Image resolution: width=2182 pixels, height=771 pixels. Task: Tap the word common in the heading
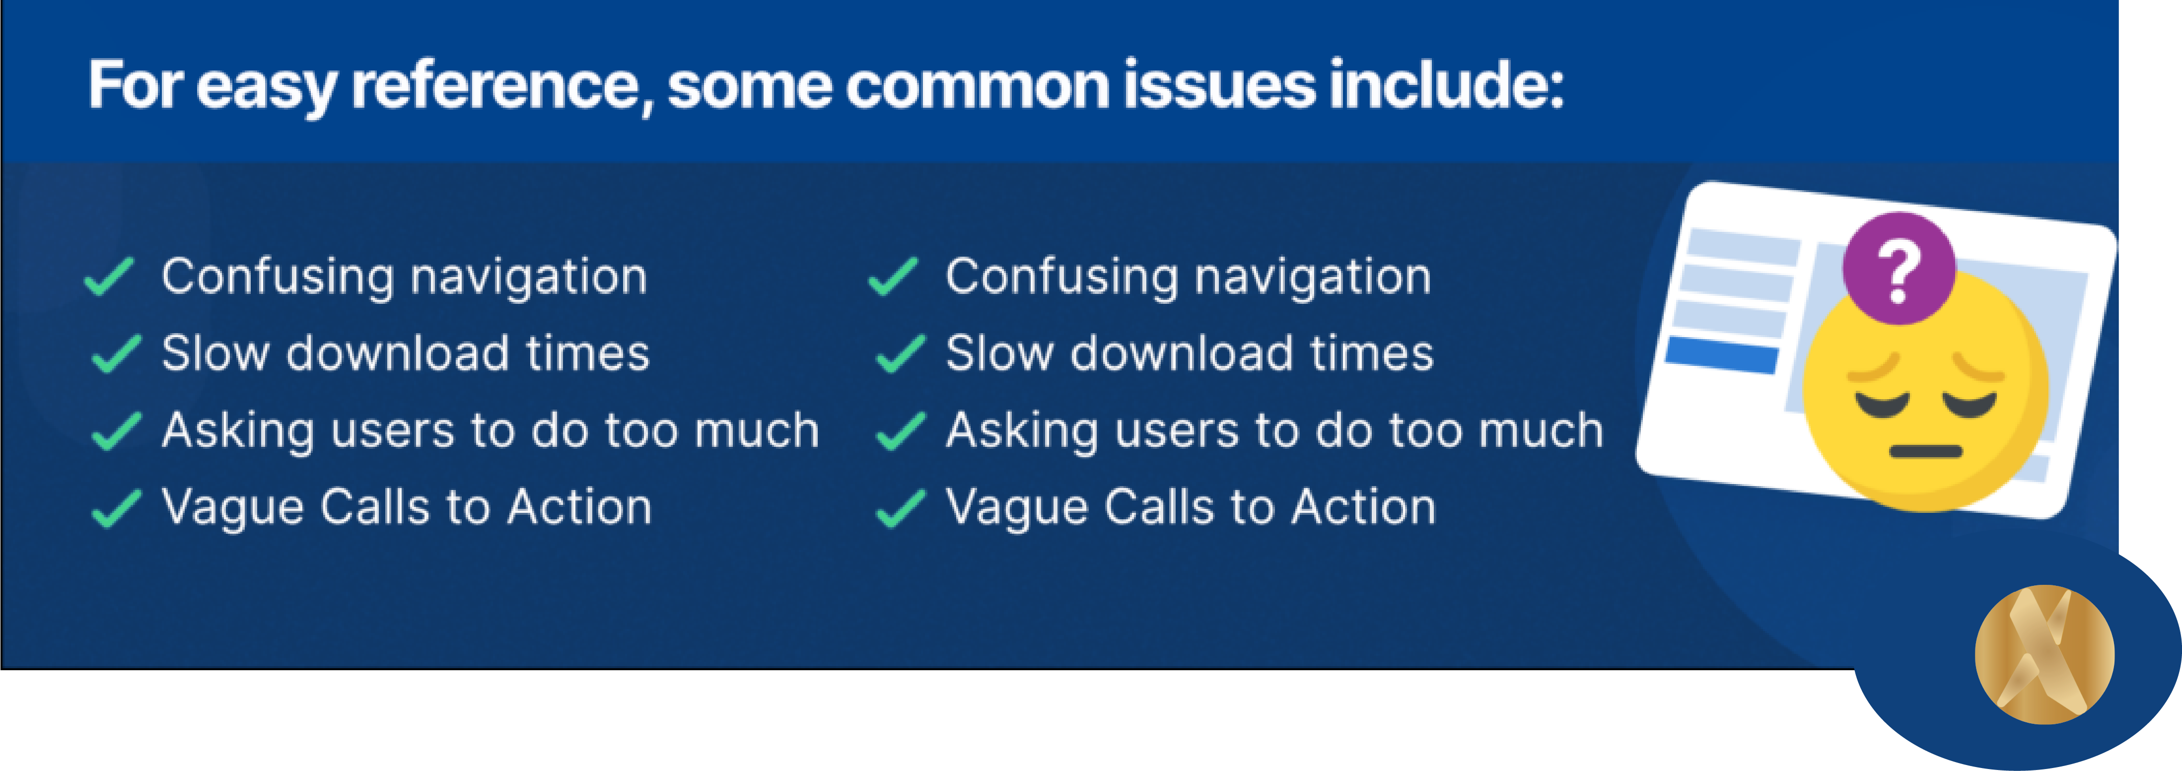pyautogui.click(x=977, y=86)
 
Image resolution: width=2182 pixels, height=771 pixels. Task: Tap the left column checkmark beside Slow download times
pyautogui.click(x=116, y=354)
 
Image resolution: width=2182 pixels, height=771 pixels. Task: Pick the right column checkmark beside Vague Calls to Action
pyautogui.click(x=901, y=508)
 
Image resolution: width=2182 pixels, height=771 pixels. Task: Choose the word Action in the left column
pyautogui.click(x=580, y=507)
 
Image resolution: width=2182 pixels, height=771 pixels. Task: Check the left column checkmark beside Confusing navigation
pyautogui.click(x=109, y=277)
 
